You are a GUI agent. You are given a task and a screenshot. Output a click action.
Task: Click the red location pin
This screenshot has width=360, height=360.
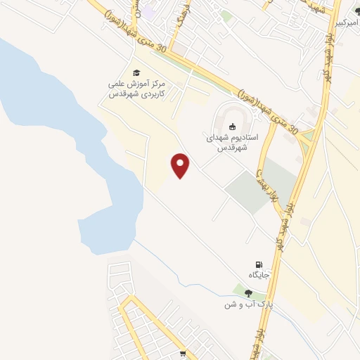[181, 165]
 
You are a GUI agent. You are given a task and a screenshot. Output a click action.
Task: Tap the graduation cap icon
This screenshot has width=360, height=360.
[136, 73]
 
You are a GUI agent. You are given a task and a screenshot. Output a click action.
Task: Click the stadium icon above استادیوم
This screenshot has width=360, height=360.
[233, 127]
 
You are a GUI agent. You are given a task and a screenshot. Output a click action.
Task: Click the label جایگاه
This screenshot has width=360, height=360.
[259, 274]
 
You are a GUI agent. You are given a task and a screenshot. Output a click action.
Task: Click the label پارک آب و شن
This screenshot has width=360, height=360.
[247, 304]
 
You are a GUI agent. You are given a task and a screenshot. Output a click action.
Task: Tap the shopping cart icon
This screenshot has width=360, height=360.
[183, 354]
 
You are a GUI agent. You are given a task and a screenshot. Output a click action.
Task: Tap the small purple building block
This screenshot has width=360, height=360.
[148, 11]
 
